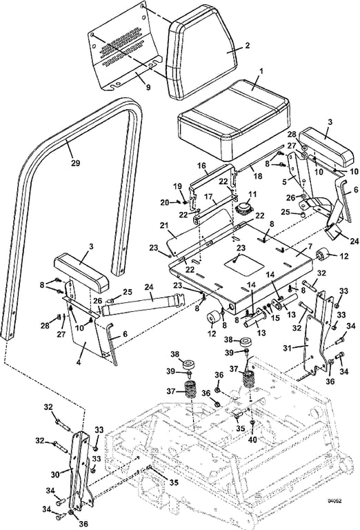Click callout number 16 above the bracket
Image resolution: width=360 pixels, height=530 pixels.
[x=203, y=166]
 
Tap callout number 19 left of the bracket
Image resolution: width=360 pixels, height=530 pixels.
[x=177, y=186]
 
